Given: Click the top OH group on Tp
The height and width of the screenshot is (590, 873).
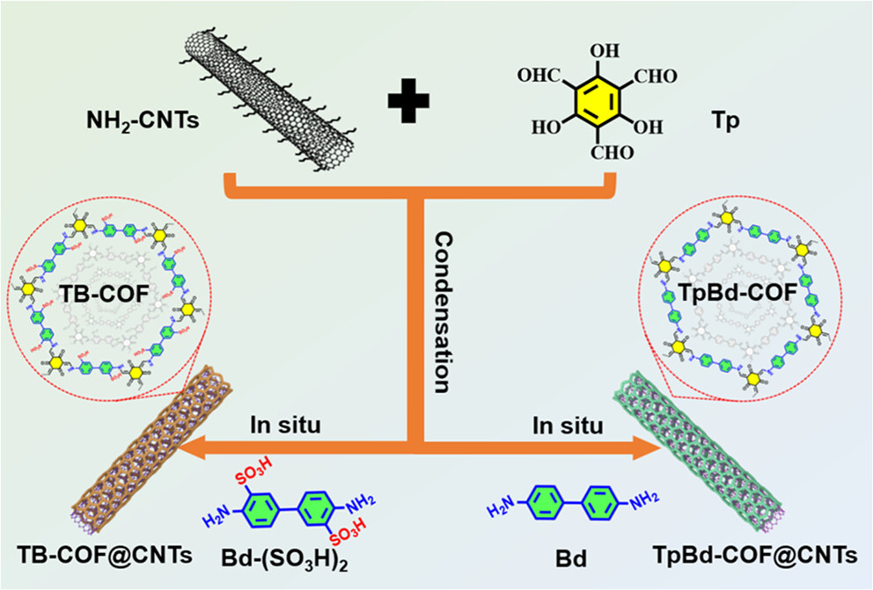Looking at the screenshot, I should coord(600,50).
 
